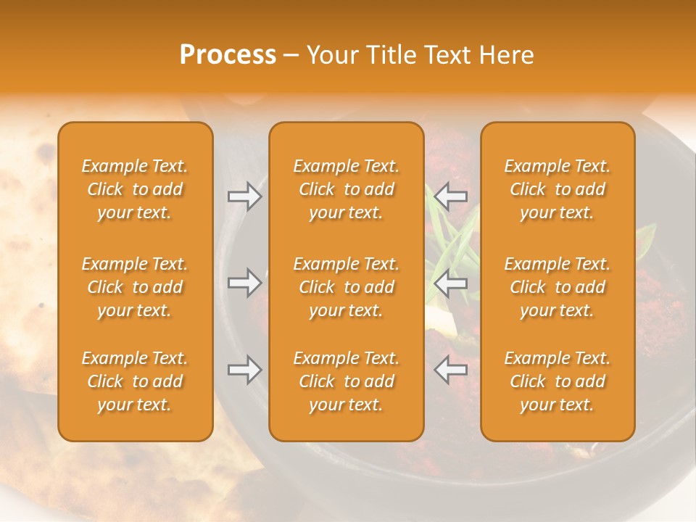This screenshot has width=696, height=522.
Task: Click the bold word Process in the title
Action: click(x=228, y=55)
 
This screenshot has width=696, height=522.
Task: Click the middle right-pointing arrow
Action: click(x=244, y=283)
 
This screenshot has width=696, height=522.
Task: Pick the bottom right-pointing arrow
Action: click(x=244, y=370)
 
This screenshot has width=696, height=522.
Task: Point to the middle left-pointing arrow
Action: click(x=451, y=283)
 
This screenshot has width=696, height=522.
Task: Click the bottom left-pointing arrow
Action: click(x=451, y=370)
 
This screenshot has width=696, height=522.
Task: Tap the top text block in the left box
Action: click(x=135, y=189)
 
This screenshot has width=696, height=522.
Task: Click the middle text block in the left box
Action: click(x=135, y=287)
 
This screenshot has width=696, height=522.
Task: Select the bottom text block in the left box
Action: click(x=135, y=381)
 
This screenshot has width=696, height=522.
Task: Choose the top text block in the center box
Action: click(x=346, y=189)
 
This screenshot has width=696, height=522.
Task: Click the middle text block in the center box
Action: click(x=346, y=287)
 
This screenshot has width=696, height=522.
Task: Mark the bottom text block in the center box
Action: click(x=346, y=381)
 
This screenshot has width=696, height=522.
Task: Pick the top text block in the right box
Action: click(x=557, y=189)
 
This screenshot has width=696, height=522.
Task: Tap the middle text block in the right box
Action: click(x=557, y=287)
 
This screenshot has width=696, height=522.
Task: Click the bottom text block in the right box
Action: click(x=557, y=381)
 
